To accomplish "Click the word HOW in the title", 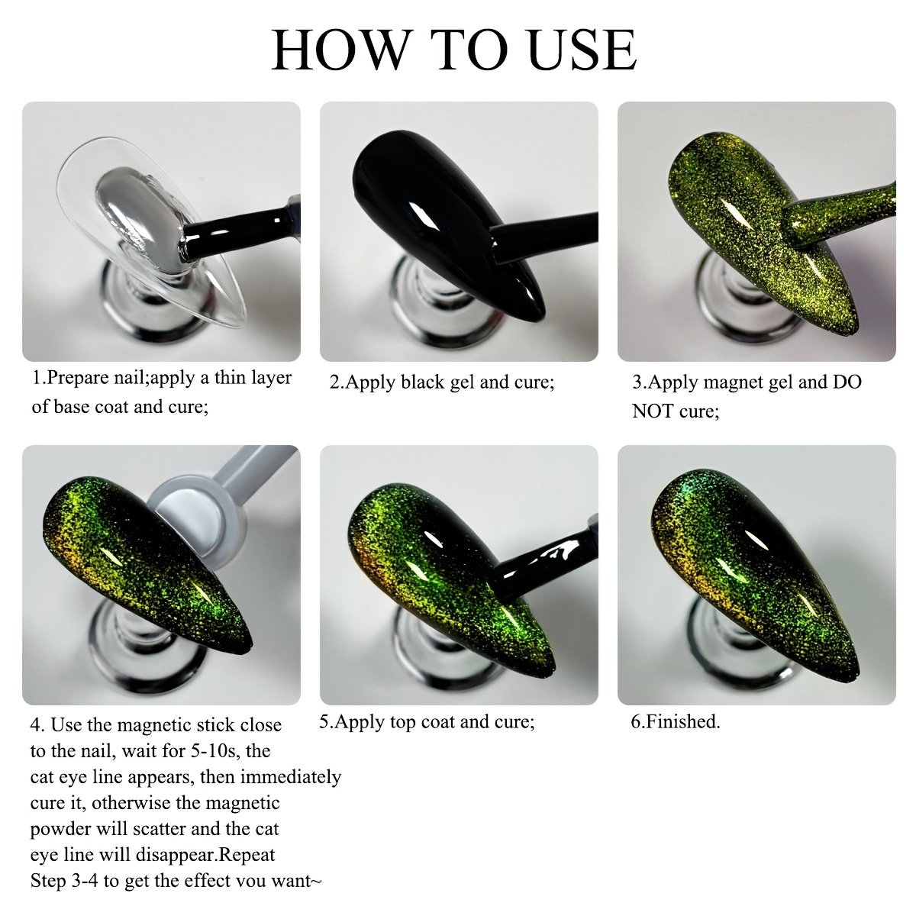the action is tap(340, 50).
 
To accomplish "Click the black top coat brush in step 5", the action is tap(547, 566).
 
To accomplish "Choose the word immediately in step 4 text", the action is tap(290, 778).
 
